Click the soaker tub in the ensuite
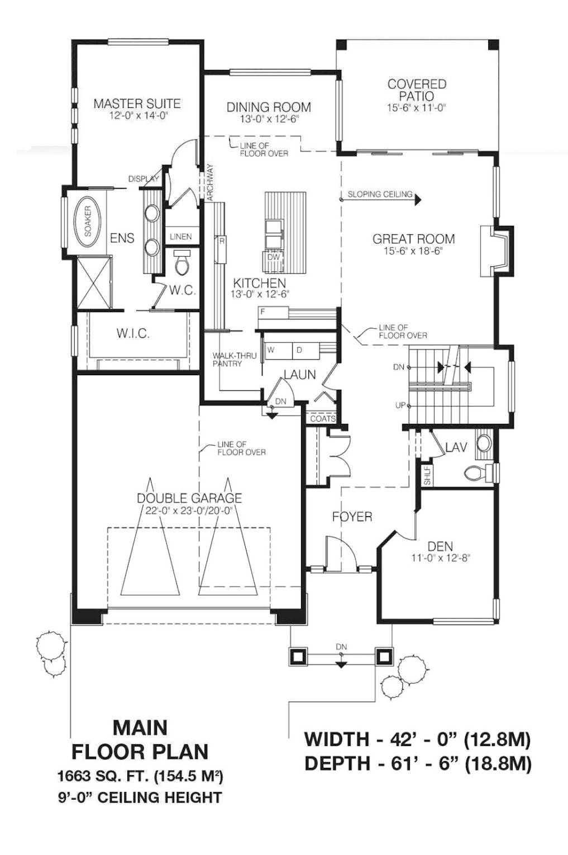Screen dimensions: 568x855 point(88,222)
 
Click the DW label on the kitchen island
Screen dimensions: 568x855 point(273,257)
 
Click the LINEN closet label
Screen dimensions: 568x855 point(181,237)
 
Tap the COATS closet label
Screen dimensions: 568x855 point(323,418)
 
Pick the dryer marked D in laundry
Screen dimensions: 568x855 point(306,349)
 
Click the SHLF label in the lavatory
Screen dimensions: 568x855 point(427,476)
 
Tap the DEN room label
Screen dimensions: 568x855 point(440,546)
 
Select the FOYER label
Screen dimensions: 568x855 point(352,517)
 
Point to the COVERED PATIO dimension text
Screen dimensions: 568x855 point(417,108)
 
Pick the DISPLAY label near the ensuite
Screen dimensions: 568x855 point(144,178)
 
